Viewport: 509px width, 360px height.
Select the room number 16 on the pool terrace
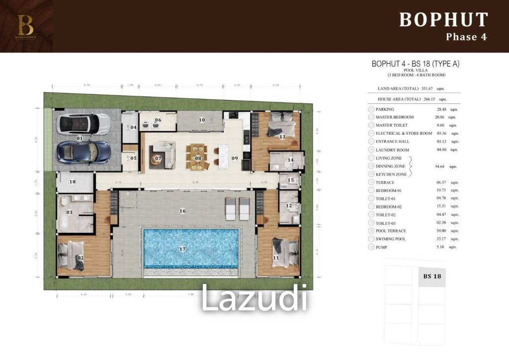tap(182, 211)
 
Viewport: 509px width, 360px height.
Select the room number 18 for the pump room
tap(73, 182)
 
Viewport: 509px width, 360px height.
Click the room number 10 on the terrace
tap(202, 120)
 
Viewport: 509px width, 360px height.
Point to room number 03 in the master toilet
tap(70, 212)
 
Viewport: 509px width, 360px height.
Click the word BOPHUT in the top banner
tap(443, 20)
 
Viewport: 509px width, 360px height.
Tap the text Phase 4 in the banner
tap(466, 37)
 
